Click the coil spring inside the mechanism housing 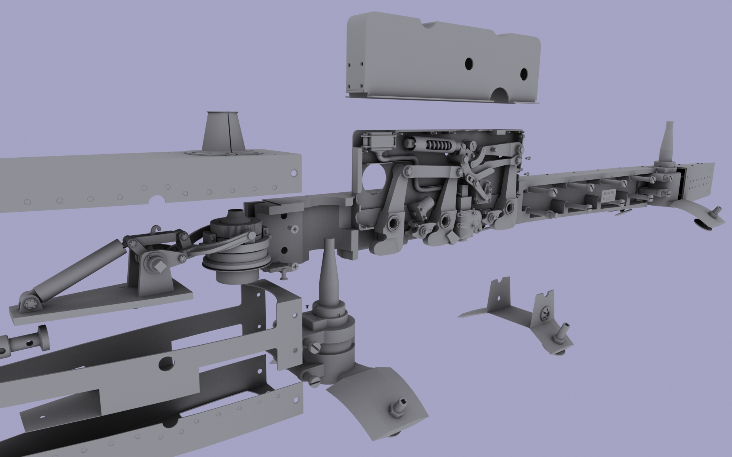pyautogui.click(x=437, y=145)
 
